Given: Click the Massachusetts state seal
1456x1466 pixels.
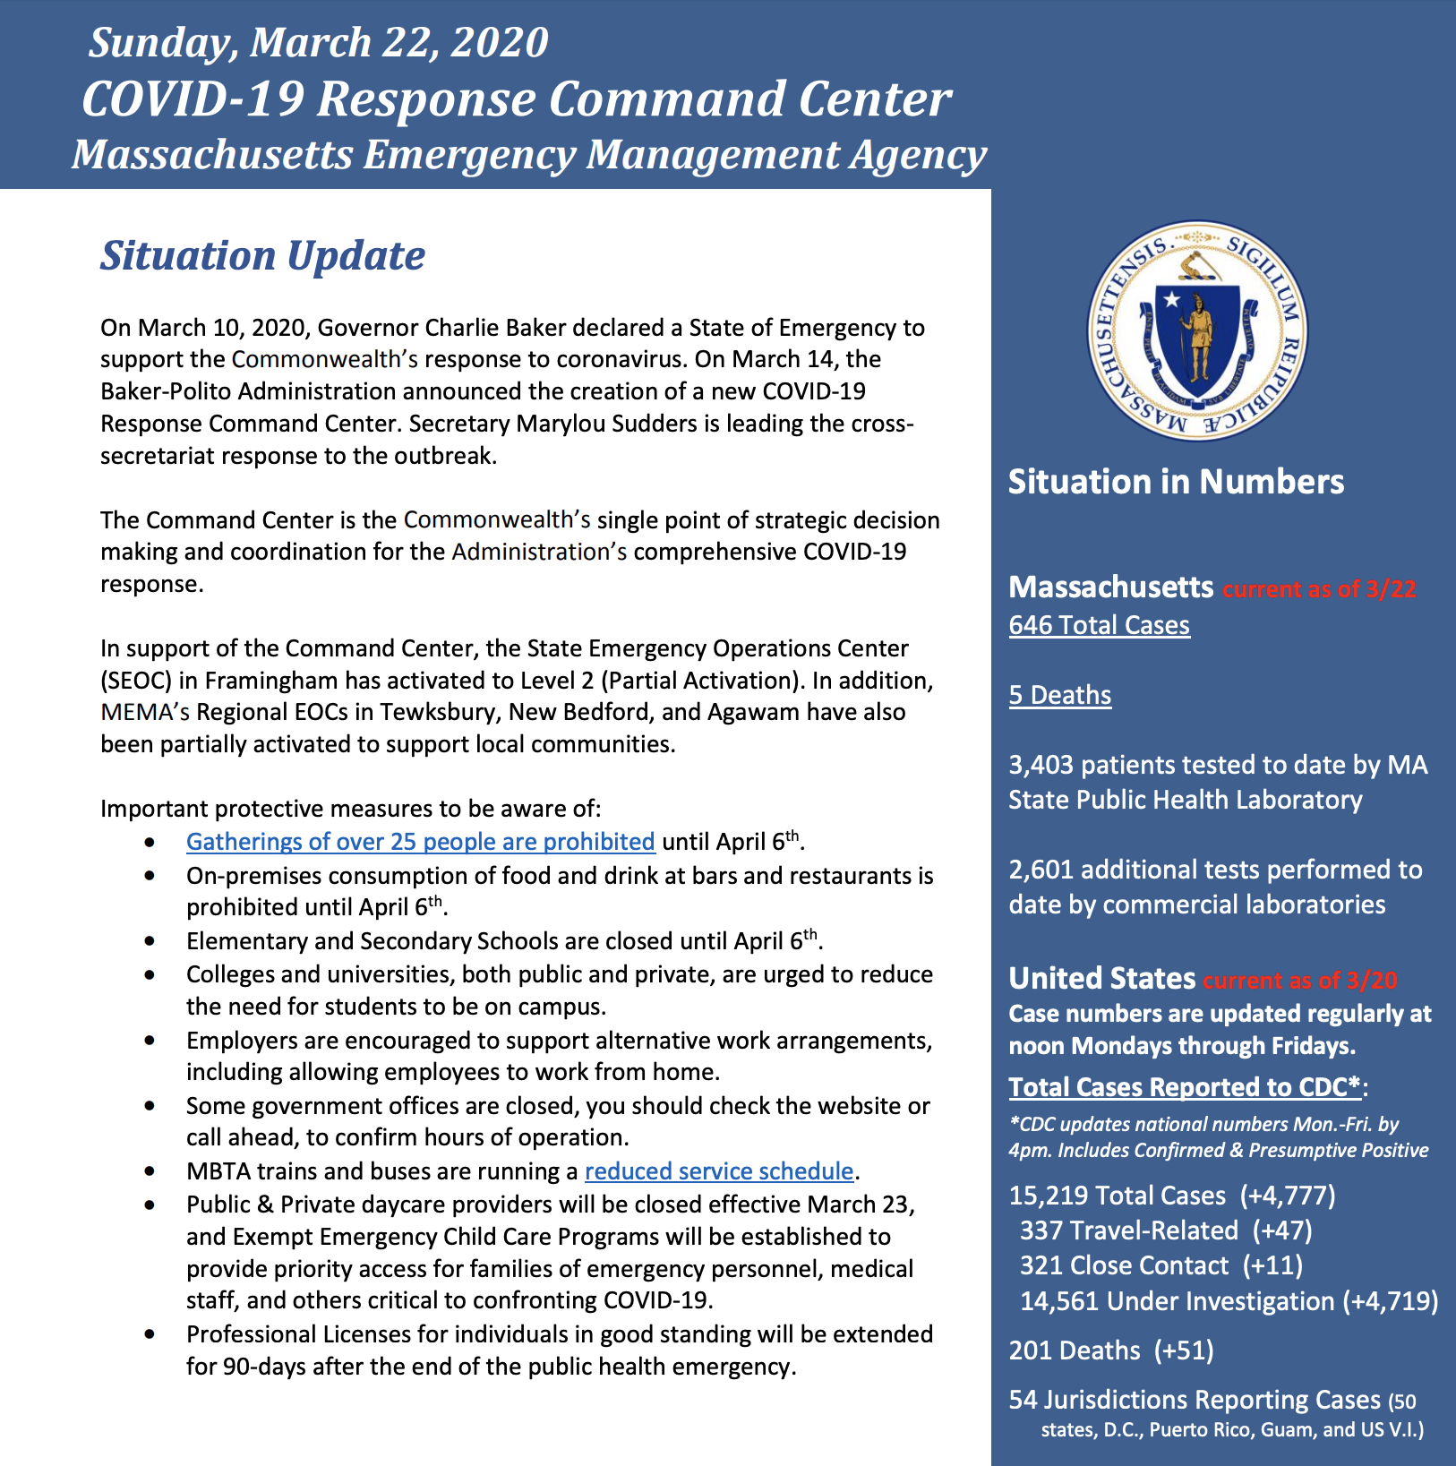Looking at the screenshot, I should pyautogui.click(x=1196, y=330).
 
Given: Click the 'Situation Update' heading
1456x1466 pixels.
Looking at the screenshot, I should pyautogui.click(x=262, y=255).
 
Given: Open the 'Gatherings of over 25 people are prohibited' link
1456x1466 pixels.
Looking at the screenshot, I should pyautogui.click(x=420, y=842).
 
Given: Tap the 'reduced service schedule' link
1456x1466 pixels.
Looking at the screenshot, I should pyautogui.click(x=719, y=1171).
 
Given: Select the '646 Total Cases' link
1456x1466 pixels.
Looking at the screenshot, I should pyautogui.click(x=1099, y=625).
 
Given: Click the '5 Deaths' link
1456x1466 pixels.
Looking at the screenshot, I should pyautogui.click(x=1059, y=695).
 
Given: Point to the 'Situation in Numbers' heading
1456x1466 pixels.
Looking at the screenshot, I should pyautogui.click(x=1176, y=482).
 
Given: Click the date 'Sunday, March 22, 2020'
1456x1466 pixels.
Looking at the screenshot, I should pyautogui.click(x=318, y=42).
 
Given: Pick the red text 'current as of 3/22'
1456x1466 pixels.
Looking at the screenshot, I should pyautogui.click(x=1319, y=589).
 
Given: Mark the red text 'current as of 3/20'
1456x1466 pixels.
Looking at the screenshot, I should pyautogui.click(x=1299, y=980).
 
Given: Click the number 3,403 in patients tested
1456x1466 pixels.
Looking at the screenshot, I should pyautogui.click(x=1041, y=765).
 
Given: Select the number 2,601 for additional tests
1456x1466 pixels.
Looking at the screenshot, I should pyautogui.click(x=1041, y=870).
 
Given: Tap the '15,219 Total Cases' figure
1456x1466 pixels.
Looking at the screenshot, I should pyautogui.click(x=1117, y=1196).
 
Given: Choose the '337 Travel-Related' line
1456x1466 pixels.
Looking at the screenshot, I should pyautogui.click(x=1128, y=1230).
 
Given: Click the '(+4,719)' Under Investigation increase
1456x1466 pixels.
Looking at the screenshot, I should pyautogui.click(x=1390, y=1301).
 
